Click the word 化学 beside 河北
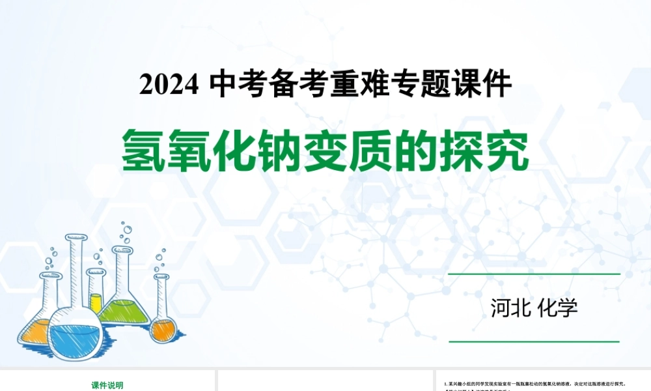pos(559,308)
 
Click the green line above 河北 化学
pos(534,274)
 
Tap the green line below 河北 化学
pos(534,341)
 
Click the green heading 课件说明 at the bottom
pos(107,385)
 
